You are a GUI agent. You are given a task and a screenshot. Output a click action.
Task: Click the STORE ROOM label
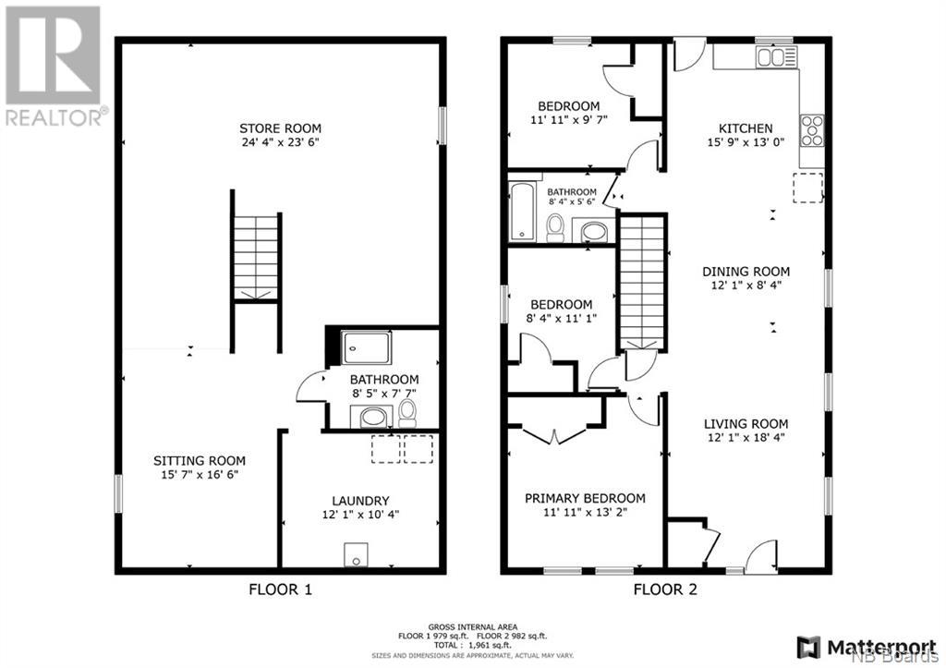pos(280,128)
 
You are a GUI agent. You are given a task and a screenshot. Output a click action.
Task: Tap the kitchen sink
pos(777,57)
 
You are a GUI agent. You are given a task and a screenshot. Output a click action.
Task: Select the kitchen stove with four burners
pos(812,130)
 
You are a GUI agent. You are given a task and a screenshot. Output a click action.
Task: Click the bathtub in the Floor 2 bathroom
pos(523,212)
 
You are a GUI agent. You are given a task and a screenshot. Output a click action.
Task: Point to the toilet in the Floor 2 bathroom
pos(555,227)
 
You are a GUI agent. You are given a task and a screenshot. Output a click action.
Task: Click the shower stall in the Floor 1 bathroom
pos(366,347)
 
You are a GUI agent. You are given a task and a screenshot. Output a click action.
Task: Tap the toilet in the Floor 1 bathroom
pos(407,413)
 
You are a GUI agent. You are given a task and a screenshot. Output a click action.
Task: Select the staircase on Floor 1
pos(257,258)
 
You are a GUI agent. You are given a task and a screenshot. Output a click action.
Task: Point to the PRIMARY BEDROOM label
pos(585,498)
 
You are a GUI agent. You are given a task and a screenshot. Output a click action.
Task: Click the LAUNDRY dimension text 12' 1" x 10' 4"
pos(361,515)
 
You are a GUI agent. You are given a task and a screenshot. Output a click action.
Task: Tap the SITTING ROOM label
pos(200,461)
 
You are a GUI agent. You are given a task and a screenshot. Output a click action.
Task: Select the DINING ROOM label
pos(746,272)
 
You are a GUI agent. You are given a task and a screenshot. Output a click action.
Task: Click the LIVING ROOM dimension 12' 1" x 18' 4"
pos(746,438)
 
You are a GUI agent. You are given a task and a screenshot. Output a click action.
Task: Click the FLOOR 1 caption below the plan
pos(281,589)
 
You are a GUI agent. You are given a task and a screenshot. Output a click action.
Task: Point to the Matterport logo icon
pos(809,648)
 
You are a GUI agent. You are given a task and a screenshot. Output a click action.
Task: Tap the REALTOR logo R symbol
pos(53,55)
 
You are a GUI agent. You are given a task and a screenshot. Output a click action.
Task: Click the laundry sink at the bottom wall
pos(356,554)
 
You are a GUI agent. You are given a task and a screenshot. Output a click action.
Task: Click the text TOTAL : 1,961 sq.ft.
pos(472,645)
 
